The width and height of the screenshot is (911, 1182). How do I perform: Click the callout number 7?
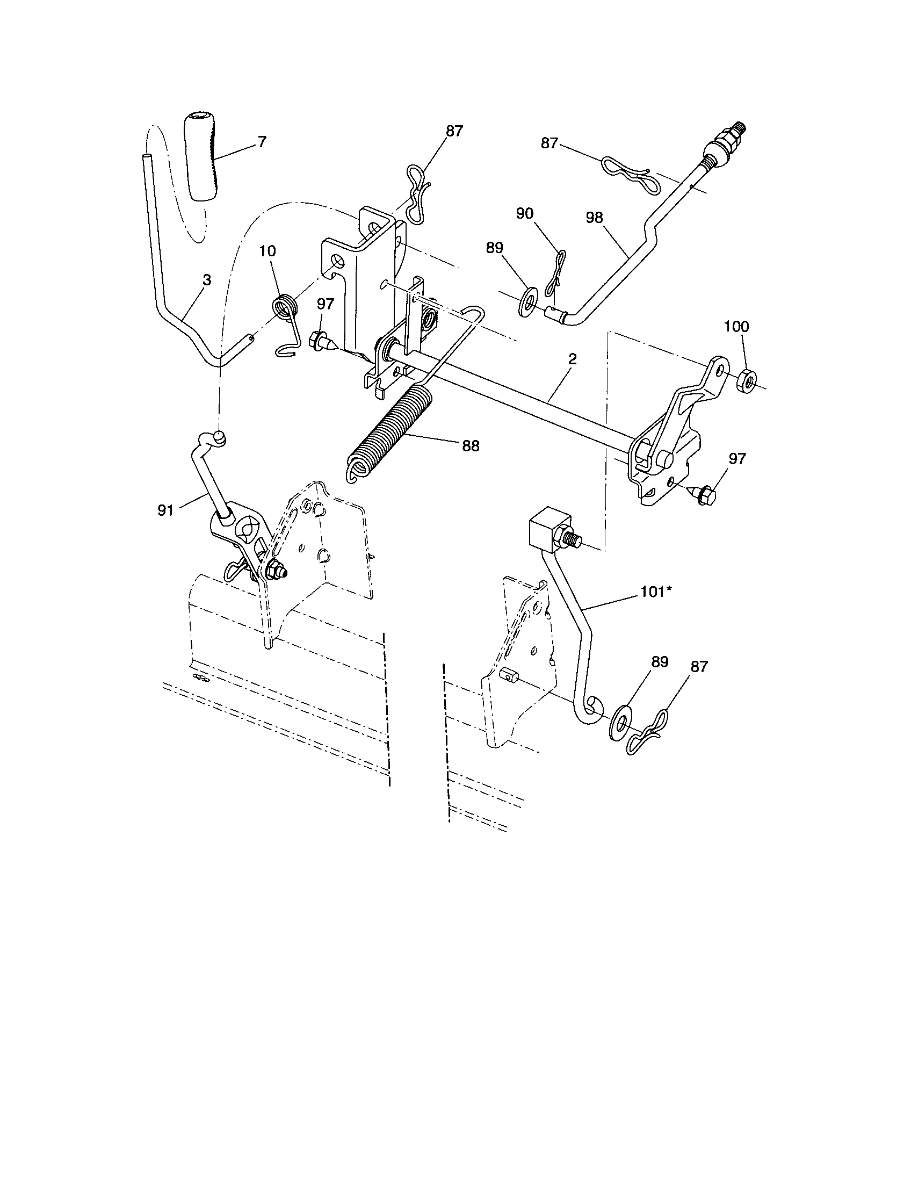[262, 142]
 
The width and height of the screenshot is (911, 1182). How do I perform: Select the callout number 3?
[207, 280]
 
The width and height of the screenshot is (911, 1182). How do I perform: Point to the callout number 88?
[471, 445]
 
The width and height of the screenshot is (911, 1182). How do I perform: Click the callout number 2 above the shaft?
[573, 359]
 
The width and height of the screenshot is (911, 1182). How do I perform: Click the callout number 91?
[165, 510]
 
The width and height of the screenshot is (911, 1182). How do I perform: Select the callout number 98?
[594, 218]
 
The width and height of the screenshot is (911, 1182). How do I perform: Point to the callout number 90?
[524, 214]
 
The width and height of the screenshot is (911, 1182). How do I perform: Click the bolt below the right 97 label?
[704, 494]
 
